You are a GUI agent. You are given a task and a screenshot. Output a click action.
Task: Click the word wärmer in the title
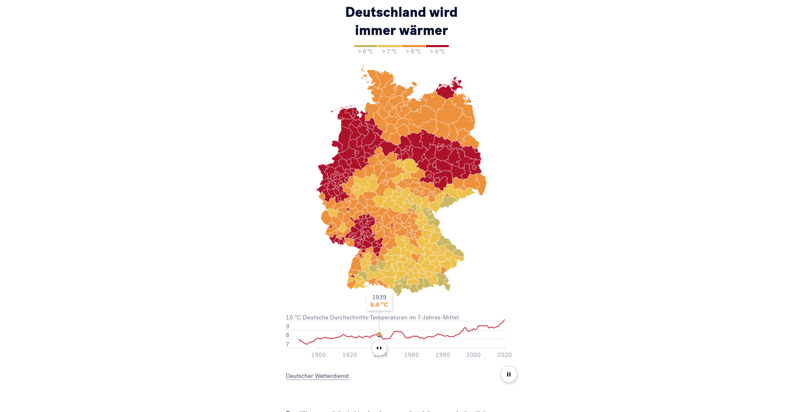[424, 30]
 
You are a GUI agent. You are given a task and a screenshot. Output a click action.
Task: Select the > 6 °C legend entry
[365, 51]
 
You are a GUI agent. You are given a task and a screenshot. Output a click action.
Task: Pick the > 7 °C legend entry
[389, 51]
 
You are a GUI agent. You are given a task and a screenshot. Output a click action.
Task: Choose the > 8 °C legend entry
[413, 51]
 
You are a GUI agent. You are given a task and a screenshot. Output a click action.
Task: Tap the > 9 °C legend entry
[437, 51]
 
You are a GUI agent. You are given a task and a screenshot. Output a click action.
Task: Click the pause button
[508, 374]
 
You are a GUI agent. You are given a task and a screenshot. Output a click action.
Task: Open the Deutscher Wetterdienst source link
[317, 376]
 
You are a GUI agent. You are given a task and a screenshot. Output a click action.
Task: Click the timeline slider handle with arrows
[379, 348]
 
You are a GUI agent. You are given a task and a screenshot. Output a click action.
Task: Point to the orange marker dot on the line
[379, 334]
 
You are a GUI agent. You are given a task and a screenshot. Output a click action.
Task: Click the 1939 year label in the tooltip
[379, 297]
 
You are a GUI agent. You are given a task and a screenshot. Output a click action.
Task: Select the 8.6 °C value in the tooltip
[379, 305]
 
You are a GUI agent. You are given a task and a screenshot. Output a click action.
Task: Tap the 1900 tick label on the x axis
[319, 355]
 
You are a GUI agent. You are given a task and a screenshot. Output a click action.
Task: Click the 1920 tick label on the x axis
[350, 355]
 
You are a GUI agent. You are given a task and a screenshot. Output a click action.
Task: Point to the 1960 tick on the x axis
[412, 355]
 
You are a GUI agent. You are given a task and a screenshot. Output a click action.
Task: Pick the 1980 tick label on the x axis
[443, 355]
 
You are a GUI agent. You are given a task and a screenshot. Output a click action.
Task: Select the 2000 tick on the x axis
[473, 355]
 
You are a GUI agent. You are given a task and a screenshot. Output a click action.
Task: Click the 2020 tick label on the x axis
[505, 355]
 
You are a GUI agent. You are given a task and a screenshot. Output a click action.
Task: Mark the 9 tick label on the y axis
[288, 326]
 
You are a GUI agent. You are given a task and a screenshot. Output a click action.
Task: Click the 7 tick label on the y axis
[288, 344]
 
